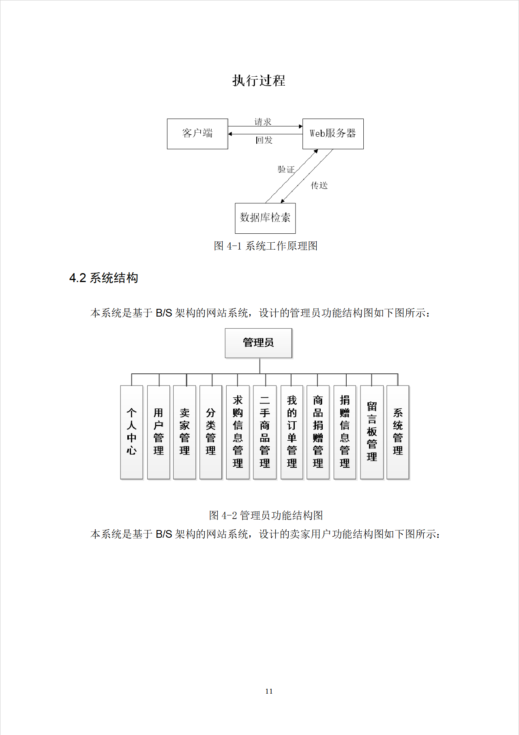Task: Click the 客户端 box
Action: (x=197, y=134)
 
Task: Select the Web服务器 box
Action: (x=333, y=134)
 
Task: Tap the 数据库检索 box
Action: (x=265, y=218)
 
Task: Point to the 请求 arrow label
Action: (x=263, y=122)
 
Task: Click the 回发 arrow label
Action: (x=264, y=140)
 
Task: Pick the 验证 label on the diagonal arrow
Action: (x=286, y=169)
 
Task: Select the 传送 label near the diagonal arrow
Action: (x=319, y=185)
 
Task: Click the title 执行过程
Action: (x=259, y=80)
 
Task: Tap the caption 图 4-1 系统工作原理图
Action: (x=266, y=246)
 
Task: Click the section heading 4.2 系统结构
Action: (x=104, y=278)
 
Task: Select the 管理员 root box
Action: (x=258, y=343)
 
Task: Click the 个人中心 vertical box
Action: (x=131, y=432)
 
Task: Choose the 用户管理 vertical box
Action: (x=159, y=432)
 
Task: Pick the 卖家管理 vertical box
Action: (x=184, y=432)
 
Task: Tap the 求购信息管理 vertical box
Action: (x=238, y=432)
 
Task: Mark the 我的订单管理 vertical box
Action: (x=292, y=432)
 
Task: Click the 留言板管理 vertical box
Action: (x=372, y=432)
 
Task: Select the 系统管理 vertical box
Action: (x=398, y=432)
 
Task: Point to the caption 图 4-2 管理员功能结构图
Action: (x=266, y=515)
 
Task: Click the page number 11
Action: (x=269, y=691)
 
